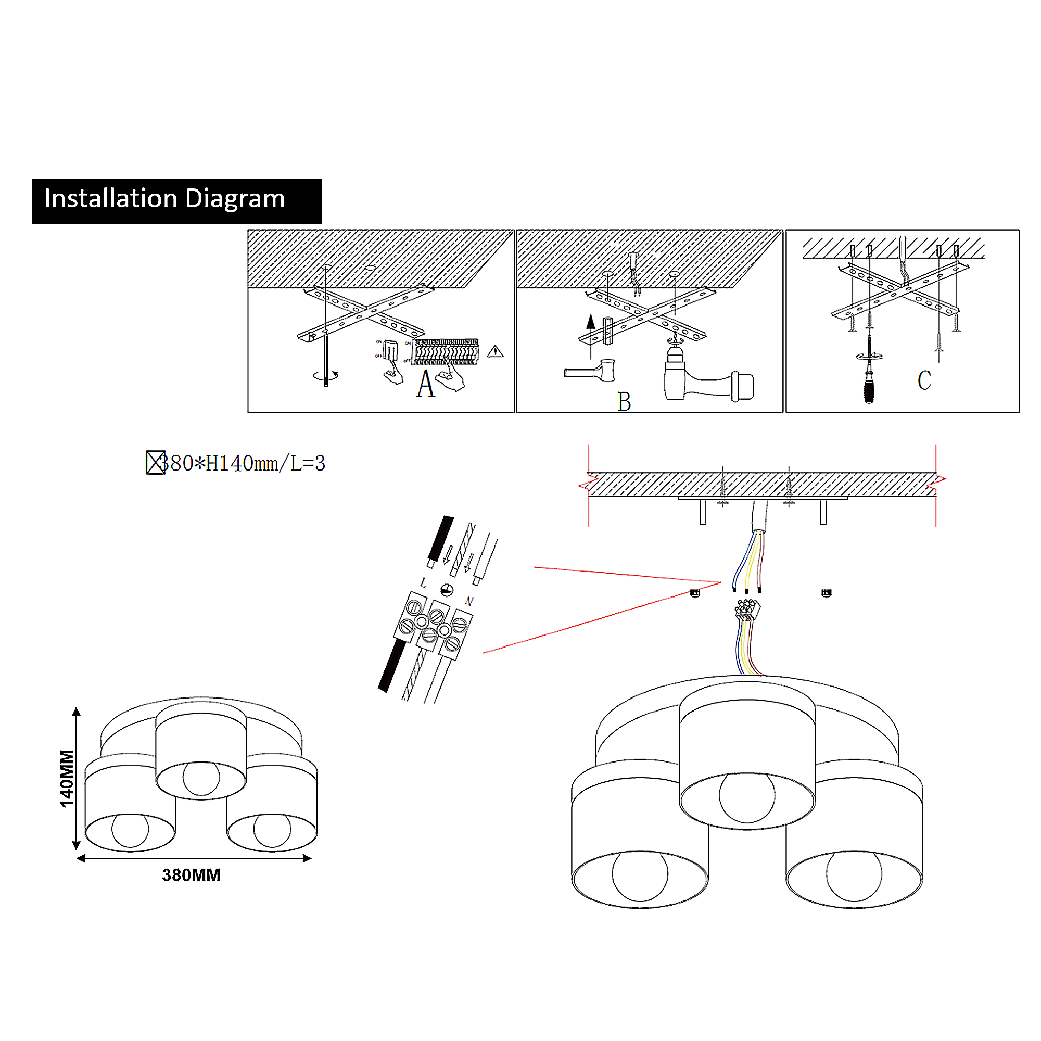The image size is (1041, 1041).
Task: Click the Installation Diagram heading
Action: pos(164,199)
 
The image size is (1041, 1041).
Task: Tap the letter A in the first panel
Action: pos(425,384)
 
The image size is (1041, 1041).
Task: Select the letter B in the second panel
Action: pos(624,401)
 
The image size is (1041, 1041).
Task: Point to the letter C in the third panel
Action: pos(924,380)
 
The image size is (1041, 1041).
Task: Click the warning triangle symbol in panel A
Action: pos(495,352)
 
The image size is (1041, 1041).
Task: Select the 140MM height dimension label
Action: pos(66,778)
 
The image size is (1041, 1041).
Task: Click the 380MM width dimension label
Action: pos(191,875)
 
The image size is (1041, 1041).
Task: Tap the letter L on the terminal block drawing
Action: pos(424,582)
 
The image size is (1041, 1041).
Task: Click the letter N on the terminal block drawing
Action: pos(469,601)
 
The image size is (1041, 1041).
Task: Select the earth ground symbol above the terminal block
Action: pos(447,590)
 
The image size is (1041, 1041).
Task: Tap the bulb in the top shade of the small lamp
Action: pos(201,778)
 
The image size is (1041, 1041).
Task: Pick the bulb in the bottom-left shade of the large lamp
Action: pos(640,875)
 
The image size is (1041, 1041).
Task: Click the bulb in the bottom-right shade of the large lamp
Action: pos(854,875)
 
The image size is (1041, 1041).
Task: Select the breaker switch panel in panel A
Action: pos(446,351)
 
